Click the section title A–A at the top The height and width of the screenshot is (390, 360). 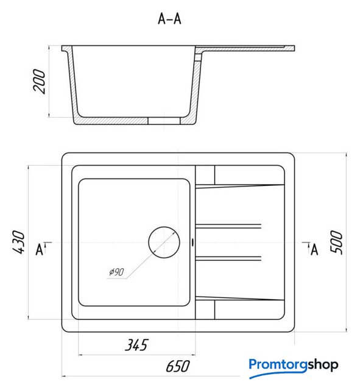point(169,19)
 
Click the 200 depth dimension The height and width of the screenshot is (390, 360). point(40,81)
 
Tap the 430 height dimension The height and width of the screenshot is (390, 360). point(19,242)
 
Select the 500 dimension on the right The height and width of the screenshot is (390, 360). point(336,242)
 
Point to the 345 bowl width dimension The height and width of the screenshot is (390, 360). point(136,345)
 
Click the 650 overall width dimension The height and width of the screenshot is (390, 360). point(177,366)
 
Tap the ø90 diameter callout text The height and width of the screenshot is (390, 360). point(116,272)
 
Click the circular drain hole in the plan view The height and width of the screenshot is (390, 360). point(164,243)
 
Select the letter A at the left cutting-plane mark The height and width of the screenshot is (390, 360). point(40,249)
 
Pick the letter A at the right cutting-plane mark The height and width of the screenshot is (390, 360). point(314,249)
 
